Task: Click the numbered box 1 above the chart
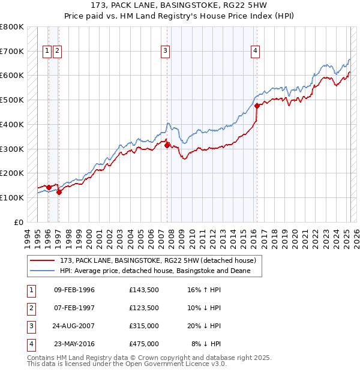coord(47,51)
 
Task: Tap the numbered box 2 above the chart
coord(57,51)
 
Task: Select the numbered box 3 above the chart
coord(164,51)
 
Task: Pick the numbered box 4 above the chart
coord(255,51)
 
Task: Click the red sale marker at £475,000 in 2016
coord(257,106)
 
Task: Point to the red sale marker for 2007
coord(167,145)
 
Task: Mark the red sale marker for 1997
coord(59,192)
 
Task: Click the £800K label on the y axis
coord(12,27)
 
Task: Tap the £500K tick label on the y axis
coord(12,100)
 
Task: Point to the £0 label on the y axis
coord(19,222)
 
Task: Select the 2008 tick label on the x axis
coord(172,237)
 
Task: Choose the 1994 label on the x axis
coord(28,237)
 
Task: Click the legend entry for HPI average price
coord(160,271)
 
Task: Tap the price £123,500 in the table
coord(143,308)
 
